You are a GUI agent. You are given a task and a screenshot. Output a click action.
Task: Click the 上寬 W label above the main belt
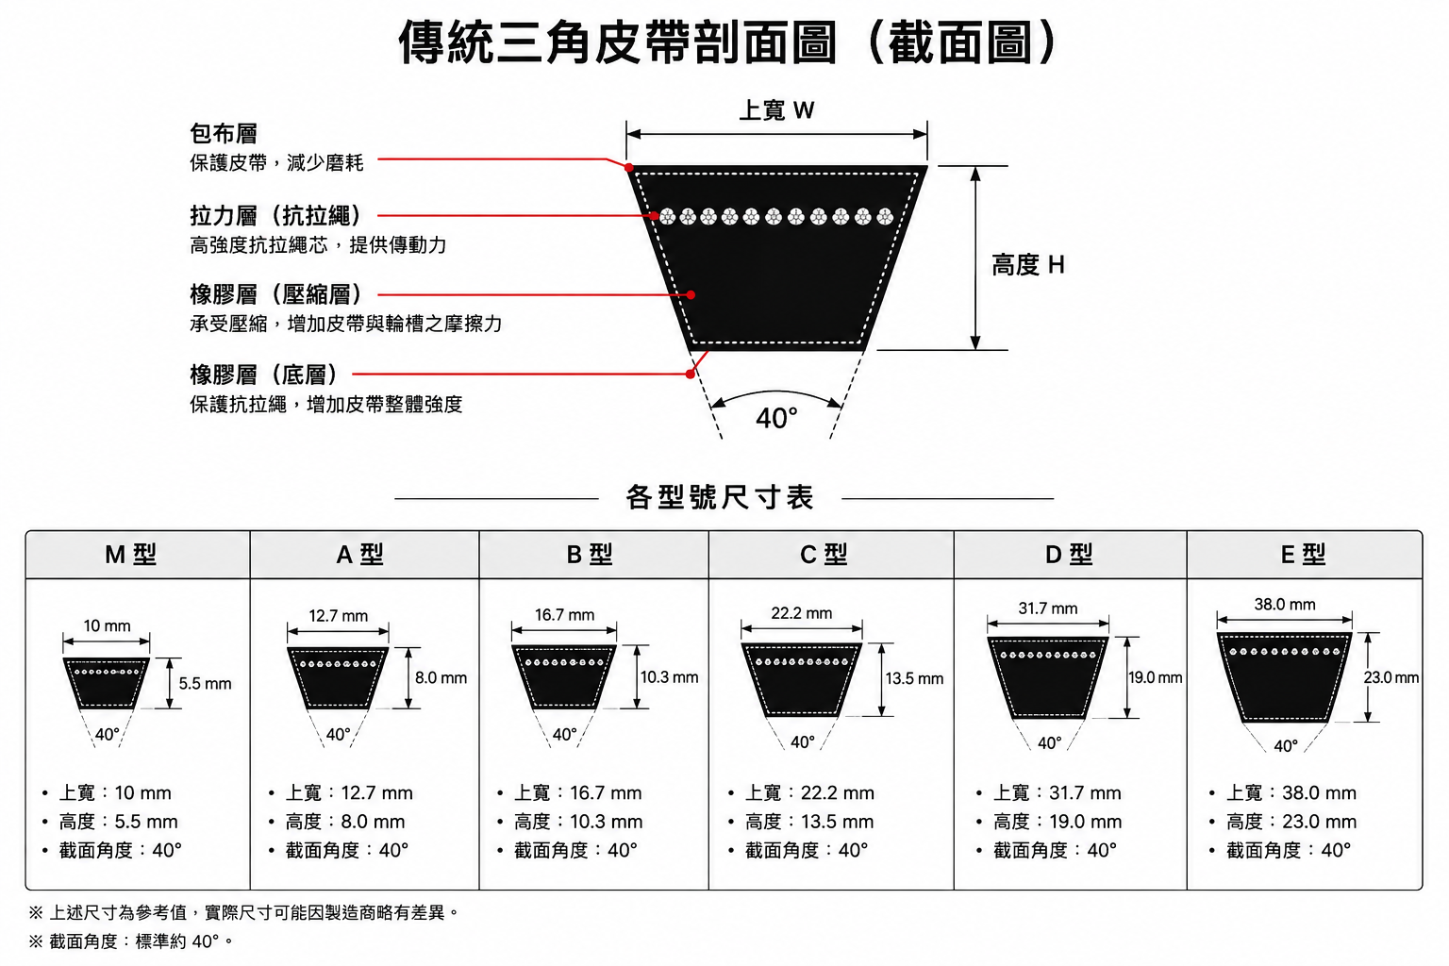pyautogui.click(x=776, y=110)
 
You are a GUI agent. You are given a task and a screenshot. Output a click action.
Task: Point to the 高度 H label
pyautogui.click(x=1028, y=265)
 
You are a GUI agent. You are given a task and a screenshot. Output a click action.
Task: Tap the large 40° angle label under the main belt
pyautogui.click(x=776, y=418)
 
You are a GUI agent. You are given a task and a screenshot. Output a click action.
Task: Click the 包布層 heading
pyautogui.click(x=224, y=133)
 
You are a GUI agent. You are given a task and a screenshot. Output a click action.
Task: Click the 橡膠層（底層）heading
pyautogui.click(x=265, y=374)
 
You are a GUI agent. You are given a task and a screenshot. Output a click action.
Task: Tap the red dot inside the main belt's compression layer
pyautogui.click(x=691, y=295)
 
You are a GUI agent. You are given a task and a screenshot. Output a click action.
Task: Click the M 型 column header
pyautogui.click(x=131, y=555)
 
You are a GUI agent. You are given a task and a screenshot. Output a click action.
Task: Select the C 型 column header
pyautogui.click(x=824, y=555)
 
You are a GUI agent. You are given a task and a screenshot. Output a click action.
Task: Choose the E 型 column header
pyautogui.click(x=1303, y=555)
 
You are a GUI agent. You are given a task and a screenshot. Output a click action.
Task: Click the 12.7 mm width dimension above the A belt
pyautogui.click(x=339, y=615)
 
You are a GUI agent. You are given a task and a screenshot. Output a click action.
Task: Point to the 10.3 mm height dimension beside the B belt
pyautogui.click(x=670, y=677)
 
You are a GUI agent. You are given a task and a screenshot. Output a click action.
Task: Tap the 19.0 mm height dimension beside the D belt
pyautogui.click(x=1156, y=677)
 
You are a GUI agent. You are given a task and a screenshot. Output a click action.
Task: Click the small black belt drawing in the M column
pyautogui.click(x=106, y=683)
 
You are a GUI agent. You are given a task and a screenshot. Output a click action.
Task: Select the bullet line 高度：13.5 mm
pyautogui.click(x=802, y=822)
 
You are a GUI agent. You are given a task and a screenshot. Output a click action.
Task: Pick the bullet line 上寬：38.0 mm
pyautogui.click(x=1284, y=792)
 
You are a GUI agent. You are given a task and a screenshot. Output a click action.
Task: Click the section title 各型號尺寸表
pyautogui.click(x=720, y=497)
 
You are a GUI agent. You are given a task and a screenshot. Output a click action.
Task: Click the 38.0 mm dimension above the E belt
pyautogui.click(x=1285, y=605)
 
